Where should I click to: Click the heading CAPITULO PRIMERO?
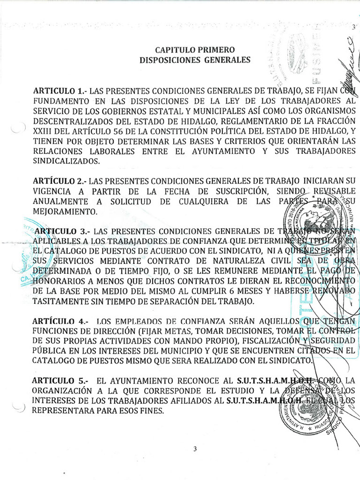[x=195, y=50]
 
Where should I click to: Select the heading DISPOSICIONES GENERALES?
[x=195, y=60]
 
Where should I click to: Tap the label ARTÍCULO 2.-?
[x=60, y=181]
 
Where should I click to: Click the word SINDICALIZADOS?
[x=66, y=161]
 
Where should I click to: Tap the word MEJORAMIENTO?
[x=63, y=211]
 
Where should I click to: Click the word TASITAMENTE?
[x=60, y=301]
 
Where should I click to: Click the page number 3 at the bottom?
[x=195, y=449]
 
